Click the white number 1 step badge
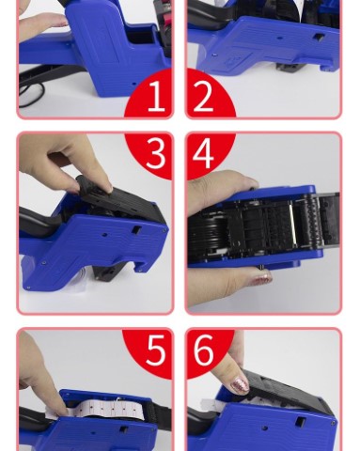pos(156,96)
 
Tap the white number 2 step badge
pos(203,96)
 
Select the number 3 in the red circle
pos(155,153)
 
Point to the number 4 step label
pos(203,153)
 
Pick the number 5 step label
pos(156,350)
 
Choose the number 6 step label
pos(204,350)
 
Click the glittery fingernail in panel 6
pos(240,385)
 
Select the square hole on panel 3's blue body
pos(136,230)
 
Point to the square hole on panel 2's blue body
pos(319,38)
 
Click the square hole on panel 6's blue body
pos(301,421)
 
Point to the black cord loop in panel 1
pos(31,93)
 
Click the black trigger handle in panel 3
pos(38,223)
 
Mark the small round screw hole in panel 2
pos(280,39)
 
